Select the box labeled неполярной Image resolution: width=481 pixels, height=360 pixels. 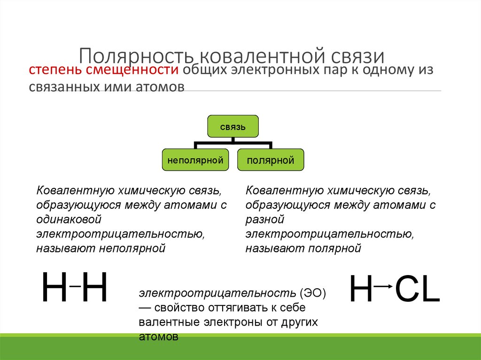pyautogui.click(x=195, y=161)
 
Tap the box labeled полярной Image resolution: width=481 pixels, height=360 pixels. pyautogui.click(x=271, y=161)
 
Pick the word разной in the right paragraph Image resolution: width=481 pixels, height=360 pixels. pyautogui.click(x=265, y=219)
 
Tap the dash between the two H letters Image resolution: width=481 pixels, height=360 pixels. pyautogui.click(x=75, y=285)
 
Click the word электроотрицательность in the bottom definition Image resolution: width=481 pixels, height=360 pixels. pyautogui.click(x=216, y=293)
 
